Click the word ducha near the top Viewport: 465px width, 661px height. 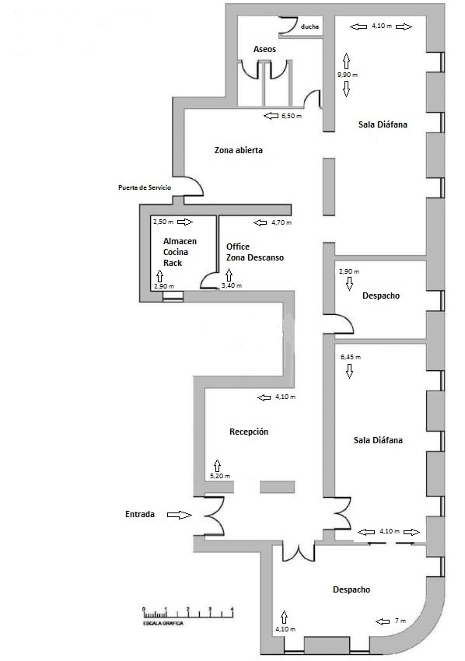(x=309, y=26)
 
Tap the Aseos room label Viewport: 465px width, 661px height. (x=265, y=49)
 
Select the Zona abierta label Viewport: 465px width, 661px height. (x=239, y=151)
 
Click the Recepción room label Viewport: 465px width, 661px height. (x=249, y=432)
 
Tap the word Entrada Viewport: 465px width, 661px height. (x=140, y=514)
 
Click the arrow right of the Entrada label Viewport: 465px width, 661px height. (x=179, y=514)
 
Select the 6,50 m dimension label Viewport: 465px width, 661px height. (x=291, y=116)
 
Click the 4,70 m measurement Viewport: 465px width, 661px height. (x=281, y=222)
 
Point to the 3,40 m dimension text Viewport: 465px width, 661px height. (x=232, y=285)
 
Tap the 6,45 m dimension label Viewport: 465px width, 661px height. (x=350, y=357)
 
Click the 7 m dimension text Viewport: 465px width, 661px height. (x=400, y=621)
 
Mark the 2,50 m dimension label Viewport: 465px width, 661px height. (x=163, y=222)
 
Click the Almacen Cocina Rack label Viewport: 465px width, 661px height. (x=180, y=252)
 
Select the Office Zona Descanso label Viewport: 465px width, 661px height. (x=255, y=252)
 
